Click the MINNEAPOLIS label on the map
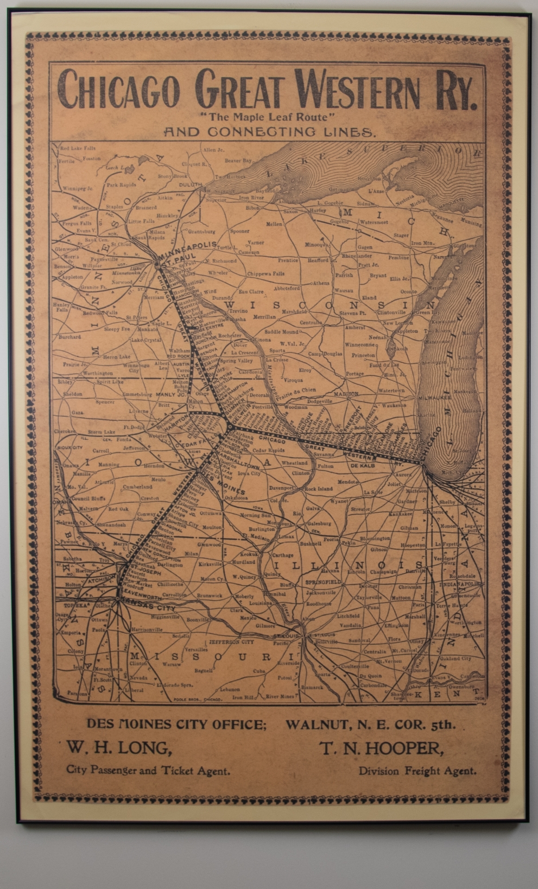click(x=188, y=245)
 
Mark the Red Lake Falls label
click(x=78, y=148)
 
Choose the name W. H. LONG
click(x=119, y=749)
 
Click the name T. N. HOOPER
click(x=382, y=749)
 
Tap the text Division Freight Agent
click(x=417, y=771)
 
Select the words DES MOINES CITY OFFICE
click(x=176, y=724)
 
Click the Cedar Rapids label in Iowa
click(x=268, y=451)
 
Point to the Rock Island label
click(x=318, y=489)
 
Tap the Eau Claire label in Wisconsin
click(x=251, y=292)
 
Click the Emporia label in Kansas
click(x=71, y=633)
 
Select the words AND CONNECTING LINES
click(x=269, y=132)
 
